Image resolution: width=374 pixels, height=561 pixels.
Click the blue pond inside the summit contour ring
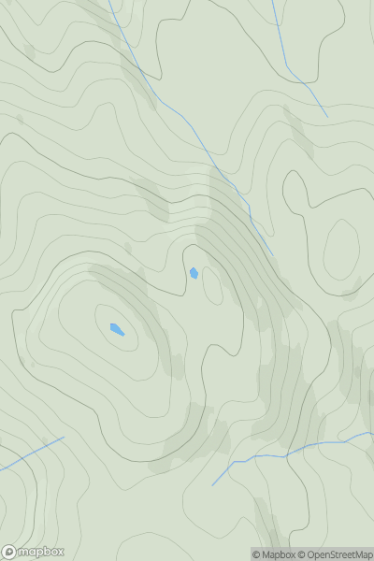point(117,329)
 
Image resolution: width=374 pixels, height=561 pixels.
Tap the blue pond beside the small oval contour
point(194,273)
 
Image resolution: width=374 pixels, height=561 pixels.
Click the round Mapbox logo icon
point(9,552)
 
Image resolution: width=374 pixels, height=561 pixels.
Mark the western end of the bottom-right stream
point(213,485)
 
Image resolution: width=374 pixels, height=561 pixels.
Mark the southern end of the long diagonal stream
point(273,253)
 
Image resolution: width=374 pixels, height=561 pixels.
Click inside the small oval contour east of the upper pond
point(213,285)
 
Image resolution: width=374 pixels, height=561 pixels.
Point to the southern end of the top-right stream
point(327,117)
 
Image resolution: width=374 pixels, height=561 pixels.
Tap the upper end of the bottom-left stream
point(64,437)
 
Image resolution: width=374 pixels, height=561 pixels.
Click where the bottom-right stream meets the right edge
point(372,433)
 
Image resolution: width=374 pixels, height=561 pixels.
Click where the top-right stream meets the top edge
point(273,1)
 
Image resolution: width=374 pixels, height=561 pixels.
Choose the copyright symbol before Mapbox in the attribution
point(256,554)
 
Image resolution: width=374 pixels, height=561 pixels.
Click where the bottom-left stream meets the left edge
point(1,469)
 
